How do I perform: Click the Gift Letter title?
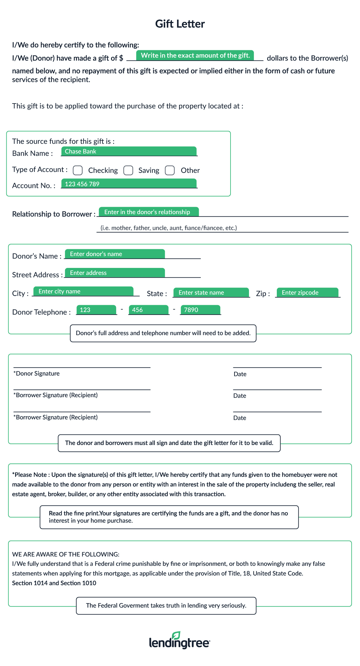(x=180, y=24)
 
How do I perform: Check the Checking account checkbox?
(x=78, y=170)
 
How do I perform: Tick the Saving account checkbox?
(x=128, y=170)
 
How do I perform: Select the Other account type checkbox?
(x=170, y=170)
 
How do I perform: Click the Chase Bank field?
(x=129, y=151)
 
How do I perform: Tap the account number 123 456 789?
(x=129, y=184)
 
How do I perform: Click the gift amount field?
(x=195, y=55)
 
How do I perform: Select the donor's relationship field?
(x=149, y=212)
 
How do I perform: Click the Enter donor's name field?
(x=115, y=254)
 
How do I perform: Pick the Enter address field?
(x=115, y=273)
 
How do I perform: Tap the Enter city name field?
(x=83, y=291)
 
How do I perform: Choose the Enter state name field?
(x=211, y=292)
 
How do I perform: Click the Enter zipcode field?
(x=307, y=292)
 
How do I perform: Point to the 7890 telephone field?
(x=200, y=310)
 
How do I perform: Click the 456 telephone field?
(x=148, y=310)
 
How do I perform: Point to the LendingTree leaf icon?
(x=176, y=635)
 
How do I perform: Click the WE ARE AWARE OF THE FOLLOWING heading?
(x=66, y=554)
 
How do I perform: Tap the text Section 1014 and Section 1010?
(x=54, y=583)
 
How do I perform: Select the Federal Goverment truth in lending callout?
(x=166, y=605)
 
